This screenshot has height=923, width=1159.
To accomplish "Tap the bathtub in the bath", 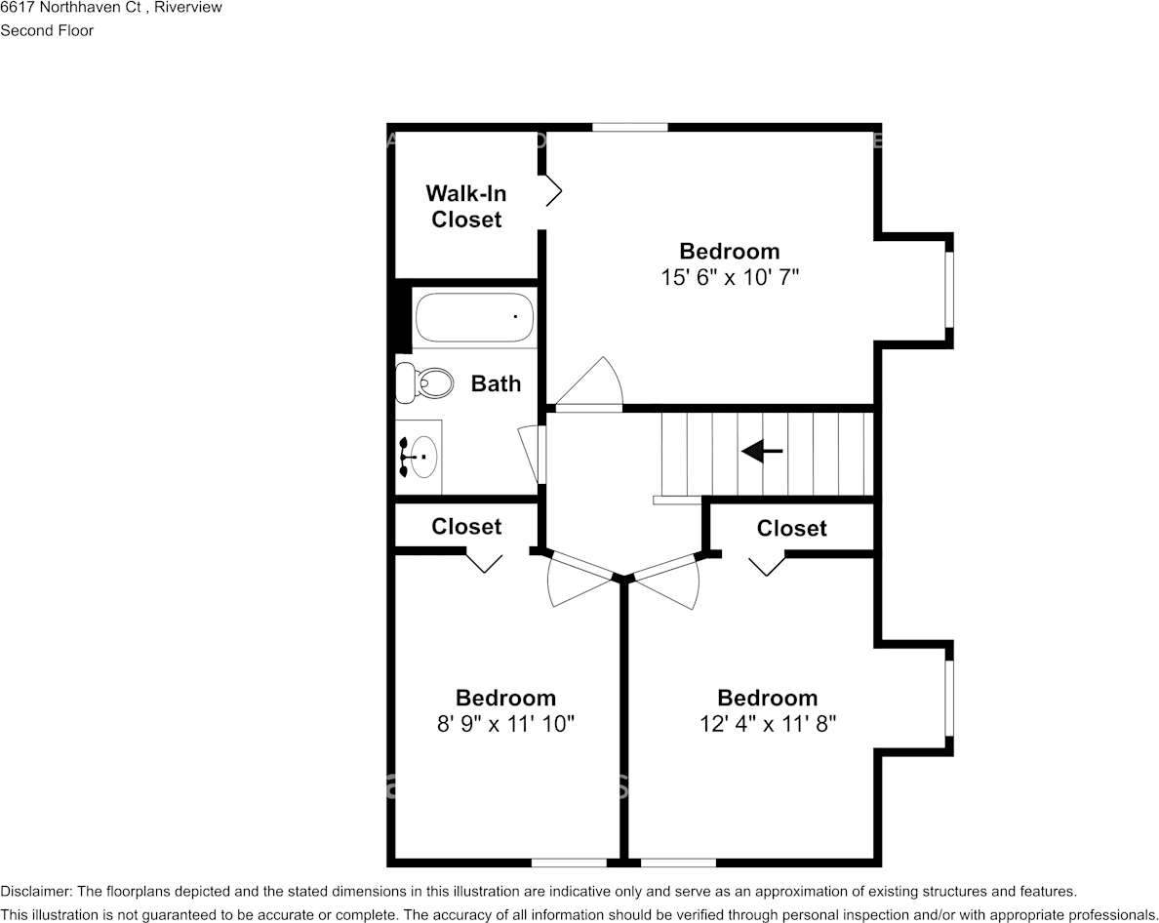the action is tap(474, 317).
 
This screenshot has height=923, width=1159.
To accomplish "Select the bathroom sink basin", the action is tap(423, 458).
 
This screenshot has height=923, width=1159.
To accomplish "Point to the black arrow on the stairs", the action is tap(762, 450).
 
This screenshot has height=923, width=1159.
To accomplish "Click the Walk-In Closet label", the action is tap(466, 206).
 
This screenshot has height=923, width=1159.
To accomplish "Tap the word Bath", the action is tap(496, 383).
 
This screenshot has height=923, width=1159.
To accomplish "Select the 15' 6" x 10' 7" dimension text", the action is tap(730, 277).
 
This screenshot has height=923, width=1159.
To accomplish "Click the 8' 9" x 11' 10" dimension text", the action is tap(505, 724).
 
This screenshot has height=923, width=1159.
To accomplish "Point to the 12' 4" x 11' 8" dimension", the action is tap(768, 724).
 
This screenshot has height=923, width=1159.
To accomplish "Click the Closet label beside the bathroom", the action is tap(466, 526).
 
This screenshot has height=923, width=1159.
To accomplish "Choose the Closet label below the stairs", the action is tap(791, 528).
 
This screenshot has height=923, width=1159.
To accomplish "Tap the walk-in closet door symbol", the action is tap(553, 191).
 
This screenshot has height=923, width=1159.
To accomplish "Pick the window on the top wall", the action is tap(630, 127).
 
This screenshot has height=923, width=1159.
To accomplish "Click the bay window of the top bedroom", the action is tap(949, 289).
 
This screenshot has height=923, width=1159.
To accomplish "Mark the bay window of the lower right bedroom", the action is tap(949, 698).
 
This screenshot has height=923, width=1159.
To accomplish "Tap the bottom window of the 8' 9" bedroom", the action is tap(569, 863).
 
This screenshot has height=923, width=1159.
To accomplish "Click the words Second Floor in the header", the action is tap(47, 30).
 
